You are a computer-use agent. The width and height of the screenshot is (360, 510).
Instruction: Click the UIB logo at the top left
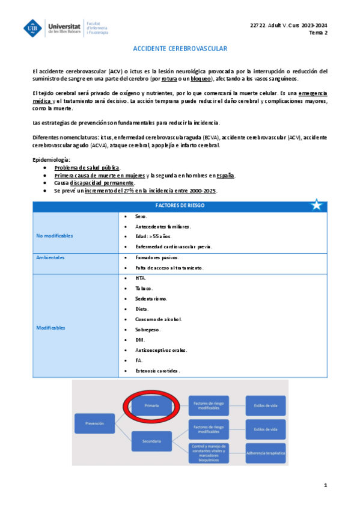click(34, 28)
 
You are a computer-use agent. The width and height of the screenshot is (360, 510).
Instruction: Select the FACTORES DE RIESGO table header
click(179, 205)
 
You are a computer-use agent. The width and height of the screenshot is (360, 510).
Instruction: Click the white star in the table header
click(316, 205)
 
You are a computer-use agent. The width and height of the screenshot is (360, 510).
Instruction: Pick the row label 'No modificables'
click(55, 235)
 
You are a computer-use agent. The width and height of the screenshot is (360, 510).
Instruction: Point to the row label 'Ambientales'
click(50, 257)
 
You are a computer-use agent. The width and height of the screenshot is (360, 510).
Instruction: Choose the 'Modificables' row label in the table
click(51, 328)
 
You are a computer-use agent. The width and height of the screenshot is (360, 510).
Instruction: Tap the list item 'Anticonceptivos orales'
click(161, 349)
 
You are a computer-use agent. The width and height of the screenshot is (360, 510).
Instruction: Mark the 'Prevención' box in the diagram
click(95, 424)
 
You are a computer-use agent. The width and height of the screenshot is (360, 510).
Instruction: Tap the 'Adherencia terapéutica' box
click(265, 452)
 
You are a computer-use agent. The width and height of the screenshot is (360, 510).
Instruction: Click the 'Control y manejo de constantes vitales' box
click(209, 452)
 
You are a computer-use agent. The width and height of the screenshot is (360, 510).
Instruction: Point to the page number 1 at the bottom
click(325, 485)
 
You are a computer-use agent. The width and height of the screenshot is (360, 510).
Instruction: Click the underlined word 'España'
click(225, 176)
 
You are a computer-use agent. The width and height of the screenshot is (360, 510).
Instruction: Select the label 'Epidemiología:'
click(52, 159)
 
